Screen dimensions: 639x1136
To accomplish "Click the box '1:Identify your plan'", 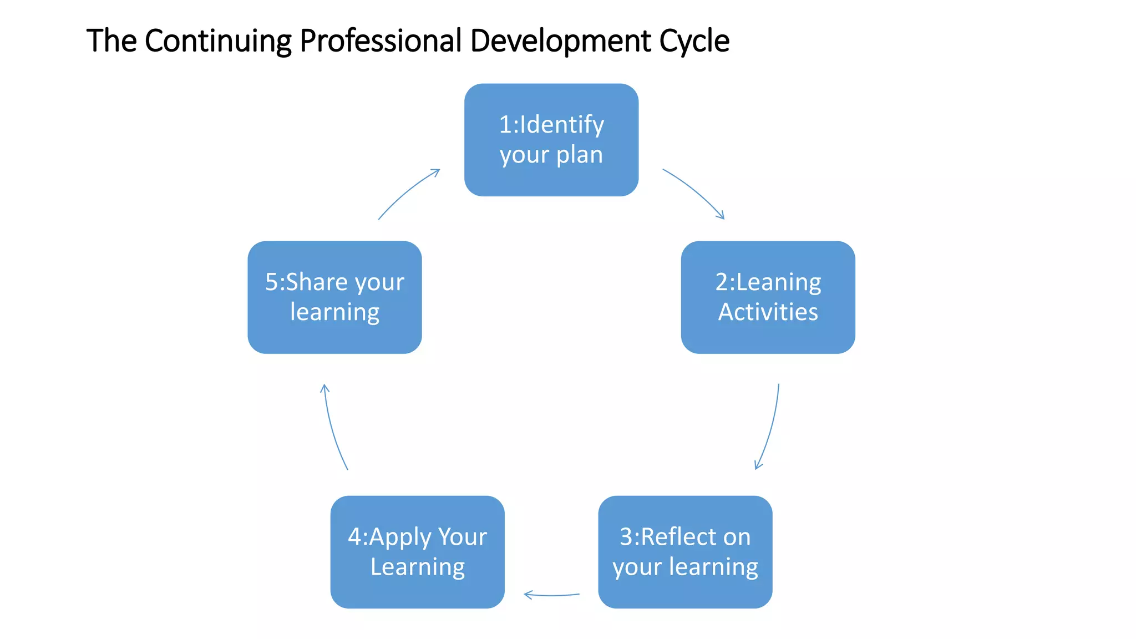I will point(551,140).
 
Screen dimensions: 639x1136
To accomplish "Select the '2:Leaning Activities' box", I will point(768,297).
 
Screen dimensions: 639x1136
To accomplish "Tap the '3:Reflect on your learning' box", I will point(685,552).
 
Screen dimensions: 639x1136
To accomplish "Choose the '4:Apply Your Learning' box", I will point(417,552).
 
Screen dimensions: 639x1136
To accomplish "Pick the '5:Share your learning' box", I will point(334,297).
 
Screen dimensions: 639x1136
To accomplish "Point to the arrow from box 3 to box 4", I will point(551,595).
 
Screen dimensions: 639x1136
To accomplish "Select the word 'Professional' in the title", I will point(381,41).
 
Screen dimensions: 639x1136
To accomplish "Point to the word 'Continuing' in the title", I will point(218,41).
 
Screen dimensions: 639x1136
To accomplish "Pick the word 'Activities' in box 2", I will point(768,312).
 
